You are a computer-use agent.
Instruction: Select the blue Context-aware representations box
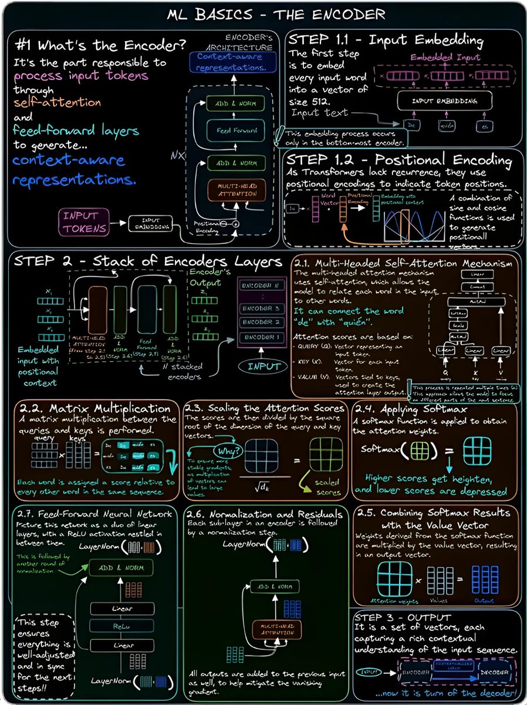pos(229,61)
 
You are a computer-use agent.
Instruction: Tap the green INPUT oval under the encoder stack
pos(263,365)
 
